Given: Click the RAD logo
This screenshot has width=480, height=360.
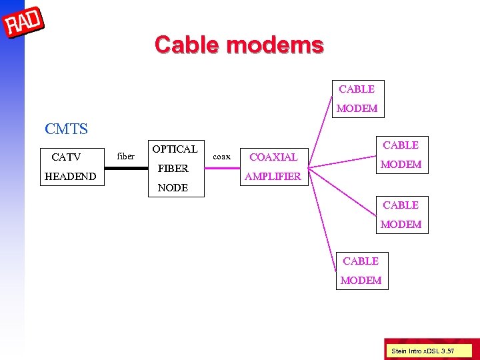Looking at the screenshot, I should click(x=25, y=23).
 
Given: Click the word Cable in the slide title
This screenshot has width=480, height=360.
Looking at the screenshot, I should click(x=188, y=45).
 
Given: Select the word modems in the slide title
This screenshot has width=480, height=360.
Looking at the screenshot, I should click(x=275, y=45).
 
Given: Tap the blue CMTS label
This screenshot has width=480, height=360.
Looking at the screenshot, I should click(x=66, y=128).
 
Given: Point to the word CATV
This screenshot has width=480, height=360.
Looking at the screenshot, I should click(x=66, y=157).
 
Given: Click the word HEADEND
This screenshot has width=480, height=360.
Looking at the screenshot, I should click(x=70, y=177).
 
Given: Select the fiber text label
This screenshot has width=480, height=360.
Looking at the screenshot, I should click(x=125, y=157).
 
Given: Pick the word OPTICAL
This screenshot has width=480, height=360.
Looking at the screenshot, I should click(x=175, y=149).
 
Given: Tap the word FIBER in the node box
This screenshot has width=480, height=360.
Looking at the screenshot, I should click(x=173, y=168).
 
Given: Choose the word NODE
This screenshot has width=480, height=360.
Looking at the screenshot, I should click(x=173, y=188).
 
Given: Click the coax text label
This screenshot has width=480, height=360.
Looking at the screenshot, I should click(x=221, y=157).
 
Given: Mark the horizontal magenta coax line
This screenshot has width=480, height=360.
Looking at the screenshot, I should click(x=221, y=168).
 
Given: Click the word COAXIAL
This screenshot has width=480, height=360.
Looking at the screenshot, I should click(x=273, y=157).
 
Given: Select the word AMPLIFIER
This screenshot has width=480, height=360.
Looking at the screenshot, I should click(x=273, y=177).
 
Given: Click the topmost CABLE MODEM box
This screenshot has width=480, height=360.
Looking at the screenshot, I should click(x=357, y=99).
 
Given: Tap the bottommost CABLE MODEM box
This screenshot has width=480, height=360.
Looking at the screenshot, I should click(x=361, y=271).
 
